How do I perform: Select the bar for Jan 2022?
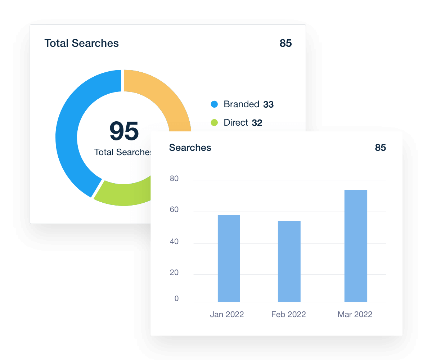pos(229,258)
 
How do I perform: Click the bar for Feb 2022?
pos(289,261)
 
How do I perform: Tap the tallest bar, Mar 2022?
pos(356,246)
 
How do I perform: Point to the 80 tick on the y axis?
pos(174,179)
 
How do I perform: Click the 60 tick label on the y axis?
pos(174,210)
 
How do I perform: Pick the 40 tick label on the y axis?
pos(174,241)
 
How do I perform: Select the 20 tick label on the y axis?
pos(174,273)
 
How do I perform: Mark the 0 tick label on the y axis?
pos(176,298)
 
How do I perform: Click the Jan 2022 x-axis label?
pos(227,314)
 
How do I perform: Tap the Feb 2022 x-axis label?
pos(288,314)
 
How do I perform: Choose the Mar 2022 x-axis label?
pos(355,314)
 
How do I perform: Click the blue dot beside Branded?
pos(214,104)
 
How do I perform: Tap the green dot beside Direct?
pos(214,122)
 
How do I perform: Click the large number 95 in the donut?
pos(124,131)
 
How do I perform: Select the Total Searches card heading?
pos(81,43)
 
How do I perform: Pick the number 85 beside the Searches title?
pos(380,148)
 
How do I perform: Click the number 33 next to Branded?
pos(268,105)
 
